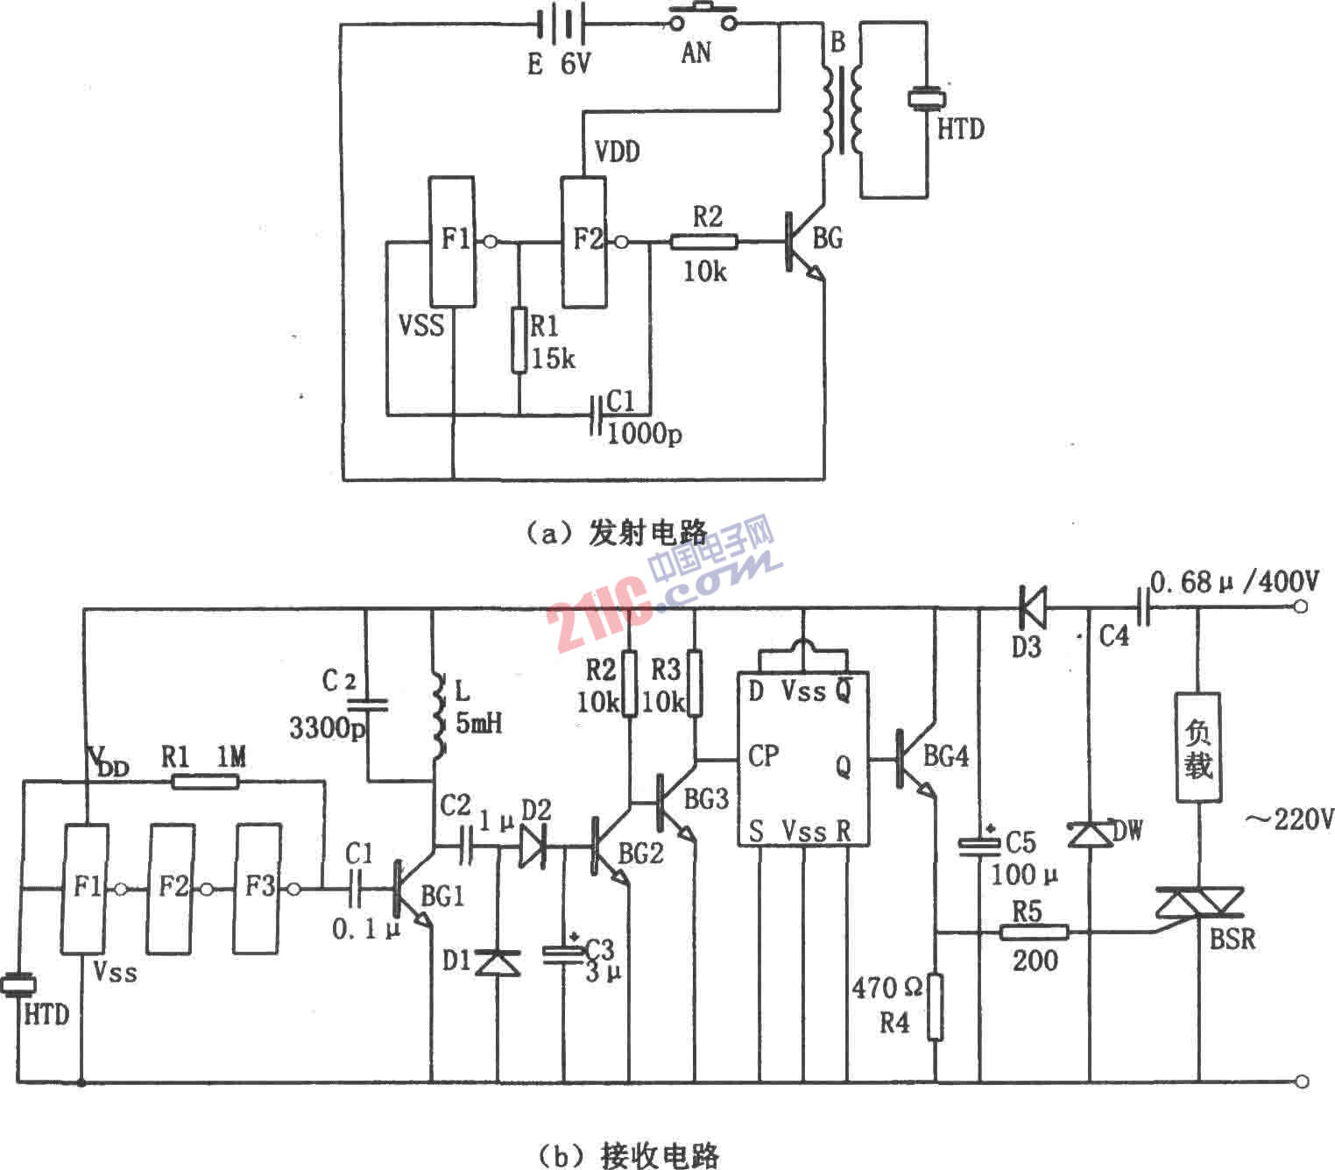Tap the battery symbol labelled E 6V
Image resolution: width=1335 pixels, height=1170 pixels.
click(560, 24)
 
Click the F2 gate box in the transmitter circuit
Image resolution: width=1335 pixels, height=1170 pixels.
click(583, 241)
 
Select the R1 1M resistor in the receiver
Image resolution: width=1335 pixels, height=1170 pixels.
click(205, 780)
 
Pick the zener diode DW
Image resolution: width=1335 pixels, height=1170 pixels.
click(1089, 833)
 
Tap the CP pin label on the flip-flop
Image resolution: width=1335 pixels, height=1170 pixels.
click(763, 755)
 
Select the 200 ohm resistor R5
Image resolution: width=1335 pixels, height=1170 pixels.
click(1034, 932)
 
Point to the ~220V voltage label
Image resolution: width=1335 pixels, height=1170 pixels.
click(1289, 820)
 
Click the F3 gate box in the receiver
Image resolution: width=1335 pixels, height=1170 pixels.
click(258, 888)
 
